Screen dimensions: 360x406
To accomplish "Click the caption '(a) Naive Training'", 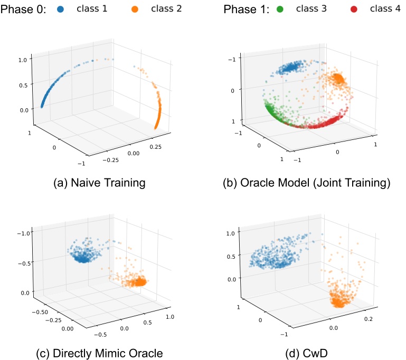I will pos(99,183).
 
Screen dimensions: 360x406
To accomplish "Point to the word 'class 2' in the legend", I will pos(166,10).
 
